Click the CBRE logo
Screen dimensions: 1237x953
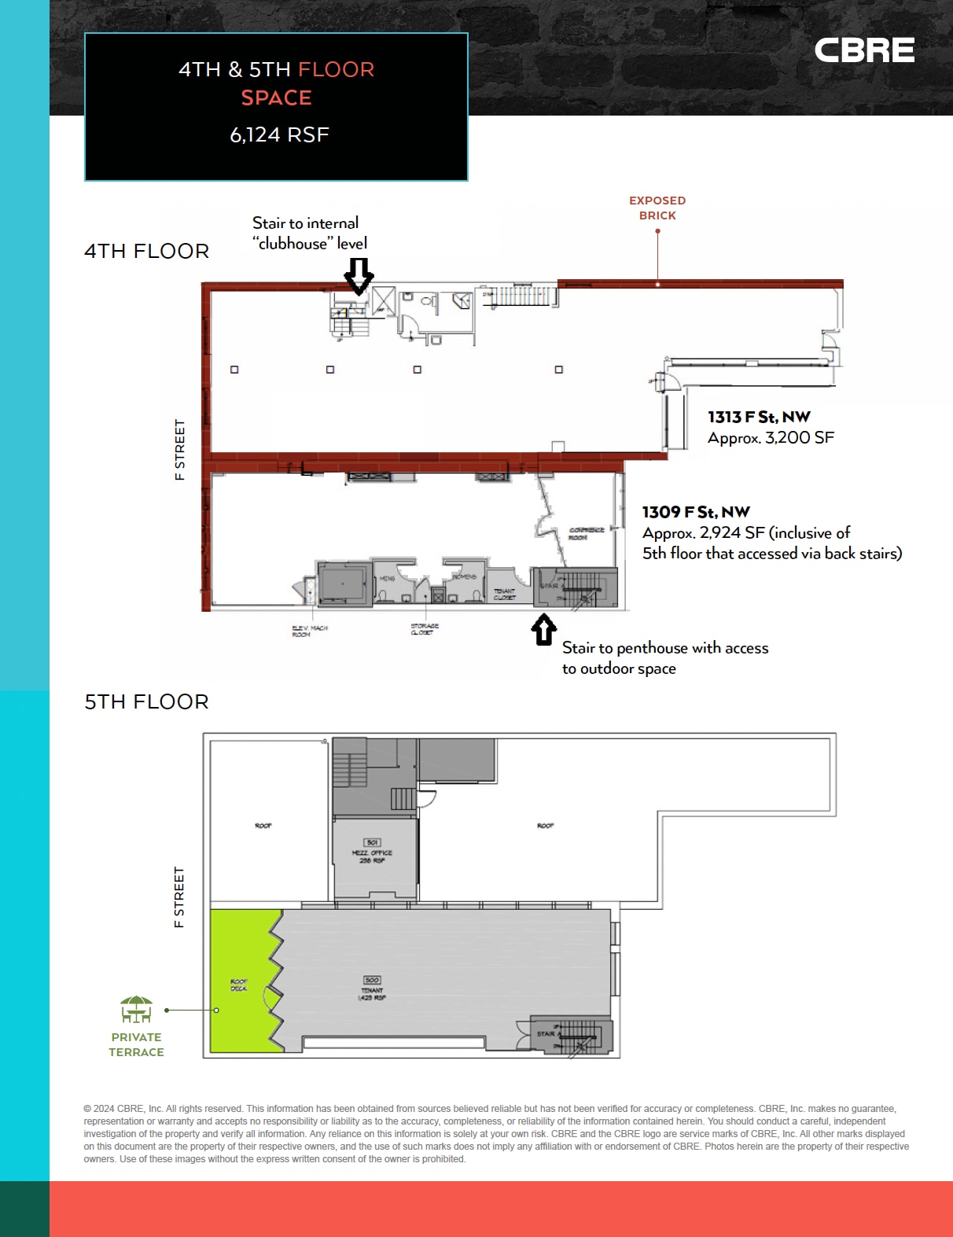(x=863, y=51)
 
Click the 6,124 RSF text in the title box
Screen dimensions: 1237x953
(x=278, y=134)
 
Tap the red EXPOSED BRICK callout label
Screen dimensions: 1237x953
(x=657, y=208)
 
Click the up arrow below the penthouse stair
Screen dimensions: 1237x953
(x=543, y=630)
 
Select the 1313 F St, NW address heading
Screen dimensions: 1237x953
(x=758, y=417)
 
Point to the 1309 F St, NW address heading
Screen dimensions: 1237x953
(x=695, y=512)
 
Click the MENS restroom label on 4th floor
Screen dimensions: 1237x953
(x=388, y=579)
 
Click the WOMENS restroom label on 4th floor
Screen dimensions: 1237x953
(x=464, y=576)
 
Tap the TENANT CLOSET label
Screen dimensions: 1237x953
(x=504, y=594)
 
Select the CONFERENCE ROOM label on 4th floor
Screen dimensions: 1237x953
(x=586, y=533)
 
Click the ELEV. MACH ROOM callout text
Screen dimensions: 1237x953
(x=309, y=631)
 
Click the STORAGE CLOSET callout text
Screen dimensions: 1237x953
(x=424, y=629)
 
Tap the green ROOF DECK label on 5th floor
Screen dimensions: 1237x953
(x=238, y=985)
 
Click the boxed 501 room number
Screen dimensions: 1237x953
(x=373, y=842)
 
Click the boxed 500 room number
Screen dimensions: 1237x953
(x=372, y=980)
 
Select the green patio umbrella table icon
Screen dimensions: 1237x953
(x=136, y=1009)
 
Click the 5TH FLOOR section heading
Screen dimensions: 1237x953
(x=146, y=701)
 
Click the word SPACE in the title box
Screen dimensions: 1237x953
(x=276, y=98)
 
